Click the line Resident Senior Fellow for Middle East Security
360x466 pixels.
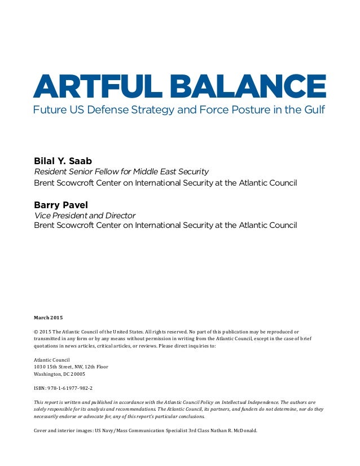click(121, 172)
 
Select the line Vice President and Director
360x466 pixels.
click(85, 215)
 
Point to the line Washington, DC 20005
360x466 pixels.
click(60, 374)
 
